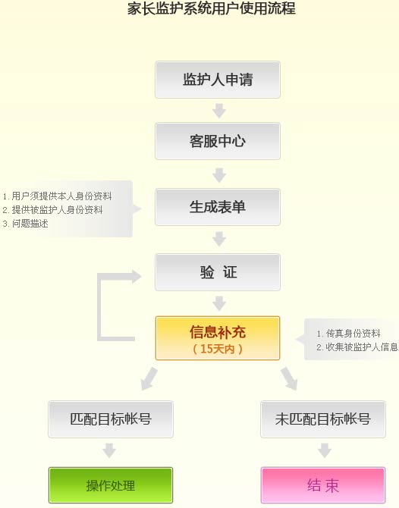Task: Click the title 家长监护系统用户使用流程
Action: pyautogui.click(x=212, y=9)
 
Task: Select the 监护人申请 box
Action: pyautogui.click(x=218, y=80)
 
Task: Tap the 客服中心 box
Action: pyautogui.click(x=218, y=141)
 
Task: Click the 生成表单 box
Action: pyautogui.click(x=218, y=207)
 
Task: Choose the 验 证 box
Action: pyautogui.click(x=218, y=272)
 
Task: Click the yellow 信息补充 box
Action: pyautogui.click(x=218, y=338)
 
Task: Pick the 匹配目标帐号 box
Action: pyautogui.click(x=111, y=419)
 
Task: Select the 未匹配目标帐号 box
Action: pyautogui.click(x=323, y=419)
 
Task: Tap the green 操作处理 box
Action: pyautogui.click(x=111, y=485)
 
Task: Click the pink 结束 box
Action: pyautogui.click(x=323, y=485)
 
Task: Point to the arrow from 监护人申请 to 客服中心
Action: pyautogui.click(x=219, y=111)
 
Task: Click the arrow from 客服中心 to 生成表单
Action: pyautogui.click(x=219, y=175)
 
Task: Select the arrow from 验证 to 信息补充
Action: pyautogui.click(x=219, y=303)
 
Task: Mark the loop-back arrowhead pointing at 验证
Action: pyautogui.click(x=137, y=276)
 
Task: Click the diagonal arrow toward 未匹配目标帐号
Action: pyautogui.click(x=289, y=378)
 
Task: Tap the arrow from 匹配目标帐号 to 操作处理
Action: pyautogui.click(x=109, y=450)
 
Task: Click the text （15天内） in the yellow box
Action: pyautogui.click(x=218, y=349)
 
